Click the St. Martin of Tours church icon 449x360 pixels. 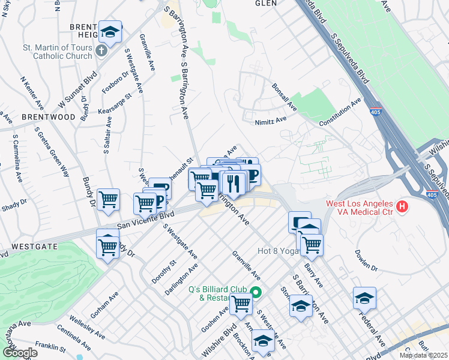tap(100, 49)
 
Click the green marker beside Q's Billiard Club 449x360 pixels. tap(256, 293)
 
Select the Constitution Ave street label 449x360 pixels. tap(341, 112)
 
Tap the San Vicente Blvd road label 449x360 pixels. tap(145, 220)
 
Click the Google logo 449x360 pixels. tap(19, 353)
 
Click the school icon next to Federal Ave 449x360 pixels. tap(364, 298)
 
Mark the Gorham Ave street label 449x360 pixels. tap(102, 305)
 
